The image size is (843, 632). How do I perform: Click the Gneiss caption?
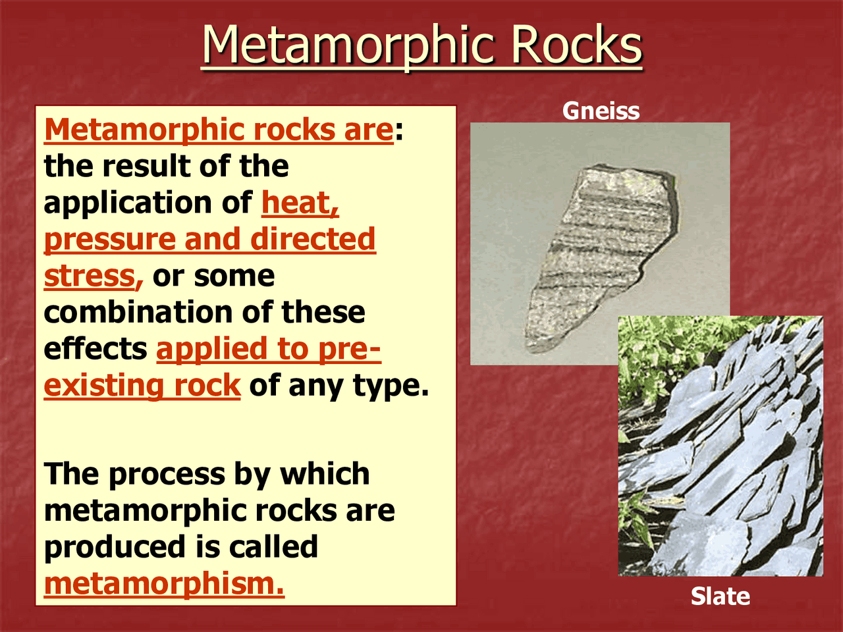click(x=601, y=111)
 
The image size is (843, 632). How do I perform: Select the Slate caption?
click(x=720, y=596)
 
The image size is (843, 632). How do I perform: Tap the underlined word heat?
click(x=300, y=203)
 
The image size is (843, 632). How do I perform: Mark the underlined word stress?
click(x=92, y=276)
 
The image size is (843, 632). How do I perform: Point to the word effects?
click(x=95, y=349)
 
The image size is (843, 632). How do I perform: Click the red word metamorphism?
click(x=164, y=584)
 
